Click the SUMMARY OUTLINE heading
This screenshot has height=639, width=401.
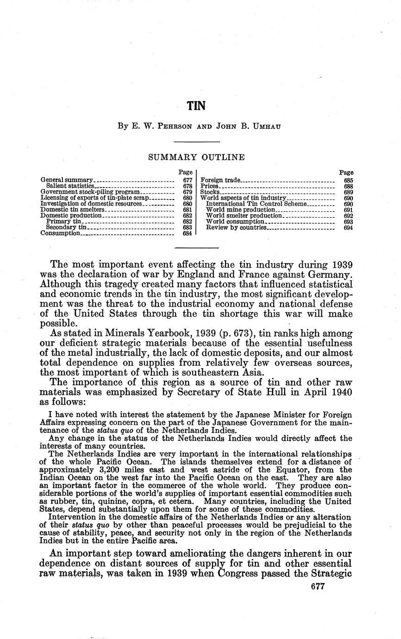point(196,157)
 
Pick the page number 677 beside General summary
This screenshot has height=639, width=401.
point(188,180)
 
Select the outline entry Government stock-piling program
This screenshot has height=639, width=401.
point(90,192)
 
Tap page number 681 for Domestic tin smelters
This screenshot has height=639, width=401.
point(188,210)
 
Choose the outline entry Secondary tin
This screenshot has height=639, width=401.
point(66,227)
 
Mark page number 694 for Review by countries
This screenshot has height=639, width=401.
point(349,228)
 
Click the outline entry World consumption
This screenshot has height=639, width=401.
point(235,222)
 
